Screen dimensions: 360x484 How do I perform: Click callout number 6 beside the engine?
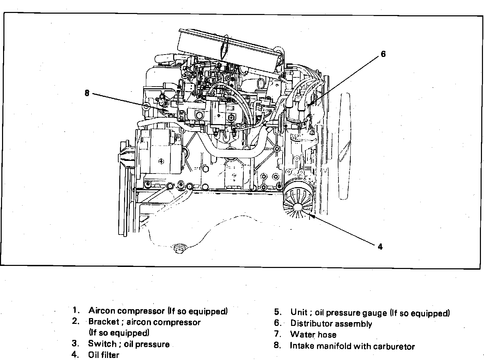(383, 54)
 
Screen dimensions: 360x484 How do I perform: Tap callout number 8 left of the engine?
(87, 93)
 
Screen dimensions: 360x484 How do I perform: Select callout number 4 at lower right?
(380, 246)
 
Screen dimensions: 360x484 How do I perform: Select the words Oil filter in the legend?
(104, 355)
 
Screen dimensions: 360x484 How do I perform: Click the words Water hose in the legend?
(313, 334)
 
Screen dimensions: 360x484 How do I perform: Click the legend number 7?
(277, 334)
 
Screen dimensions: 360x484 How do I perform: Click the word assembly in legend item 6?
(356, 324)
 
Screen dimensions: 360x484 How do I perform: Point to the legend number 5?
(278, 313)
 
